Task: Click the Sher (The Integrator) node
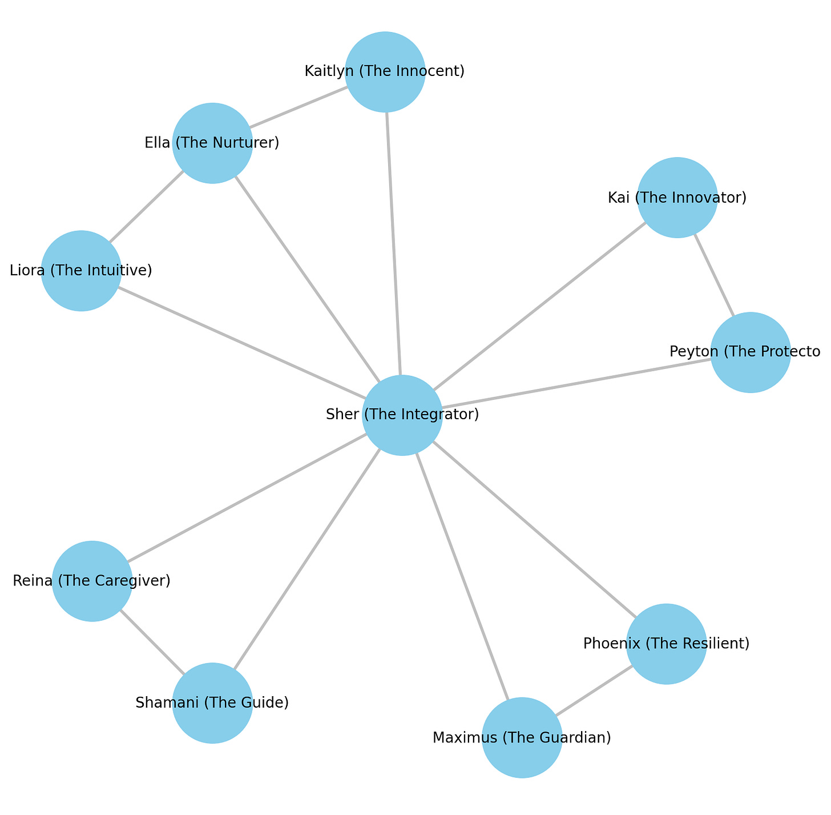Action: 402,415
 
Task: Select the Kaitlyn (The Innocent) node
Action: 385,71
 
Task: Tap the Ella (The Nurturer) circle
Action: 212,143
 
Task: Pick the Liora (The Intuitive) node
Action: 81,271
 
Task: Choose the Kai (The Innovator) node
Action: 677,198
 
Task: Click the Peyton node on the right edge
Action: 750,352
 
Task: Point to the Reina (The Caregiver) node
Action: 92,581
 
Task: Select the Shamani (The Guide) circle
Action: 212,703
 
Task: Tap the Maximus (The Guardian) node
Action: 522,737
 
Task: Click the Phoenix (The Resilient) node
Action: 666,644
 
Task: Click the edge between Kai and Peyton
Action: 713,275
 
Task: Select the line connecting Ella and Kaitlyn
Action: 298,107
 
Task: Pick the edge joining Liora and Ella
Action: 147,207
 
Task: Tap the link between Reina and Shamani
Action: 152,642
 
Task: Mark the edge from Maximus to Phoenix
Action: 594,690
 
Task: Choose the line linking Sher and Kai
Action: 539,307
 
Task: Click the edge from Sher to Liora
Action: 242,343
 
